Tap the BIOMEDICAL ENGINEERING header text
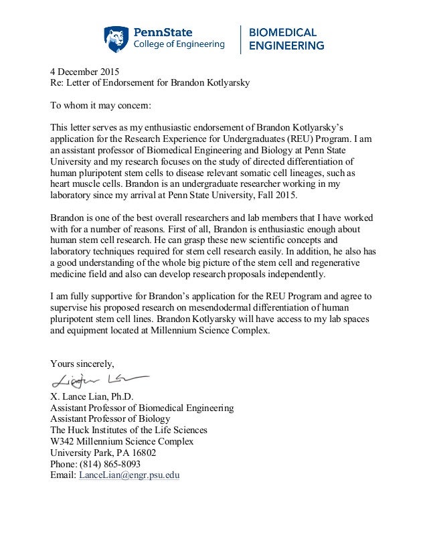tap(286, 39)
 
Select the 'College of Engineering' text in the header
tap(180, 45)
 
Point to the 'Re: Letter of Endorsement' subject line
tap(101, 84)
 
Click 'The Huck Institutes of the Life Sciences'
tap(129, 430)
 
